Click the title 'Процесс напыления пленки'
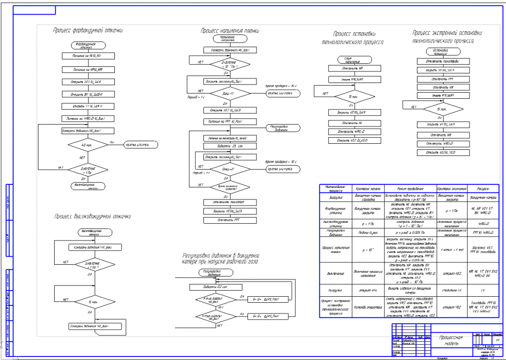click(x=230, y=31)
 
